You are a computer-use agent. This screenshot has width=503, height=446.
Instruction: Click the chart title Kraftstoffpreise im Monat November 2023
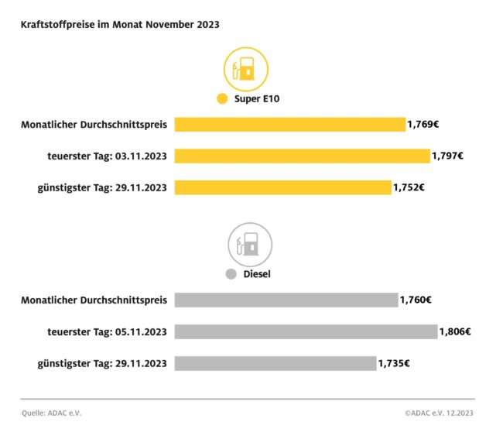(120, 25)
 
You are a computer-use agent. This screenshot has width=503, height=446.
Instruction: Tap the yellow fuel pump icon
(245, 70)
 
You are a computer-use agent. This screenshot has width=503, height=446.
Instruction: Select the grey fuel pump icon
(249, 245)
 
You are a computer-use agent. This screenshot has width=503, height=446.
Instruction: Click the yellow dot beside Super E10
(222, 99)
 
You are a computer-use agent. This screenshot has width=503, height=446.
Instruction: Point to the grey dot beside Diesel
(231, 274)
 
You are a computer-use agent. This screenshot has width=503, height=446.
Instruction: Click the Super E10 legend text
(262, 99)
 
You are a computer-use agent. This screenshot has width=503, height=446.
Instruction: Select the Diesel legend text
(257, 274)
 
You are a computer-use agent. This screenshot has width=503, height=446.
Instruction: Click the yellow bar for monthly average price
(289, 125)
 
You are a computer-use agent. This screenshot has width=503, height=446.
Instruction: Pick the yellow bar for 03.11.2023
(302, 156)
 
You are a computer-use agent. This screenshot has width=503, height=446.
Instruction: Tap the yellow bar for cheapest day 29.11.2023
(282, 187)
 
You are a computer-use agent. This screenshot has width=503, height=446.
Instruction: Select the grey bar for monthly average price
(286, 300)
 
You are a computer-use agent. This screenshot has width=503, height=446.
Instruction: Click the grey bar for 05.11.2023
(306, 331)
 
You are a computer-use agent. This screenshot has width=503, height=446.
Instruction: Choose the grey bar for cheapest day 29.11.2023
(275, 363)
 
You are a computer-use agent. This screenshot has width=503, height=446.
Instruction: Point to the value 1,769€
(423, 124)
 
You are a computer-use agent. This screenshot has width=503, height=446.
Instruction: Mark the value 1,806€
(455, 331)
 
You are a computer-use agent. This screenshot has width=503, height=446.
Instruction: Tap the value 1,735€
(394, 363)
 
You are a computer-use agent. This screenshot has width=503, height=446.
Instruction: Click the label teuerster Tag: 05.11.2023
(107, 331)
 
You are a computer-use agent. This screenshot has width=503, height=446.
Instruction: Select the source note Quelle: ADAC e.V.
(52, 413)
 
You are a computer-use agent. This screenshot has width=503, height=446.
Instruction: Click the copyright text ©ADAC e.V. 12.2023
(439, 413)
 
